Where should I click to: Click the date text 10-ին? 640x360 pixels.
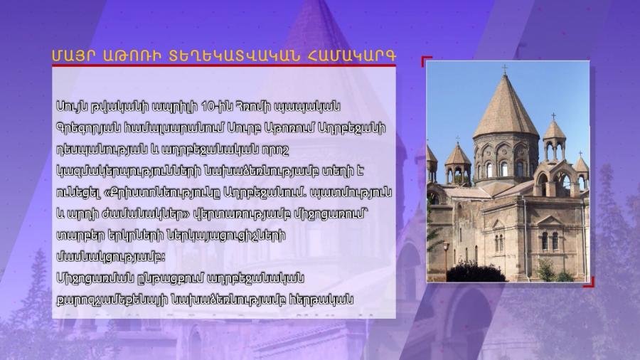click(217, 107)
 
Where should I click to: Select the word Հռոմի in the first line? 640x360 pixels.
click(249, 107)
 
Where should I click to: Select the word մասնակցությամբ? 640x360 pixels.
click(111, 257)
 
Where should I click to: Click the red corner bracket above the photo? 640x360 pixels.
click(427, 60)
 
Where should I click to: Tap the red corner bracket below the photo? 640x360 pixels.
click(589, 282)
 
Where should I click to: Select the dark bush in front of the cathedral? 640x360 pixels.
click(476, 272)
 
